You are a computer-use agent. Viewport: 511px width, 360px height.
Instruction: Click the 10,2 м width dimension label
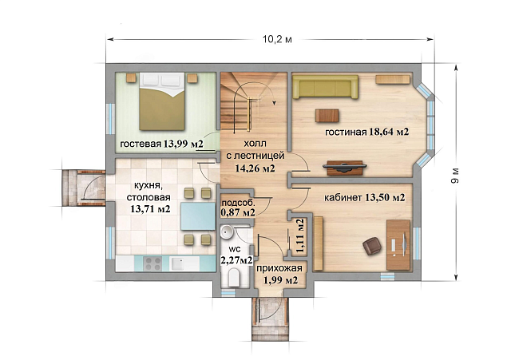tap(277, 40)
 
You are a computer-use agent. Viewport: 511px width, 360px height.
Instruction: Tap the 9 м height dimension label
tap(455, 176)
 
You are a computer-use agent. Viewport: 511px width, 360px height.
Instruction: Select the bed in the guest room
tap(162, 101)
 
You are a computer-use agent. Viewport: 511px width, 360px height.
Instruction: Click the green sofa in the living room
tap(325, 87)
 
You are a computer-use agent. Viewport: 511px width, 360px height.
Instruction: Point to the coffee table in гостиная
tap(327, 116)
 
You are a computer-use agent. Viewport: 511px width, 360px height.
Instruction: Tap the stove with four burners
tap(153, 263)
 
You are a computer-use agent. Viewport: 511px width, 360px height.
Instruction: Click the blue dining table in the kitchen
tap(198, 216)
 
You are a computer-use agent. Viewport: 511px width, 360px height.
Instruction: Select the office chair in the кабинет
tap(372, 246)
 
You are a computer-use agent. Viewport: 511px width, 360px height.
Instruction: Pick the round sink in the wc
tap(227, 232)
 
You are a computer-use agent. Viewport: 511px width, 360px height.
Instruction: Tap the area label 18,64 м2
tap(389, 132)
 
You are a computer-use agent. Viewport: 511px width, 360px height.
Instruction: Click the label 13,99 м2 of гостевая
tap(184, 144)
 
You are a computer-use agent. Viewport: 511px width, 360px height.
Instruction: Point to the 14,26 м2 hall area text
tap(255, 168)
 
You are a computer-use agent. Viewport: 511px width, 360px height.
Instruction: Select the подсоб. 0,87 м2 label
tap(238, 208)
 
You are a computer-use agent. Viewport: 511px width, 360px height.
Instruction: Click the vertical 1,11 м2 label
tap(300, 235)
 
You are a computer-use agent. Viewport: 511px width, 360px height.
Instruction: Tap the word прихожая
tap(279, 268)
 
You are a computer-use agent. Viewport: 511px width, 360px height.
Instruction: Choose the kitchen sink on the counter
tap(177, 263)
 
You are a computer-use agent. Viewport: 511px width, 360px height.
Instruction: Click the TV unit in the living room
tap(345, 168)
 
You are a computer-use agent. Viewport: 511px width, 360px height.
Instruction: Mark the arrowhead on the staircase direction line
tap(275, 103)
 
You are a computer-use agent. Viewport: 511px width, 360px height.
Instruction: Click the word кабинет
tap(343, 198)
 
